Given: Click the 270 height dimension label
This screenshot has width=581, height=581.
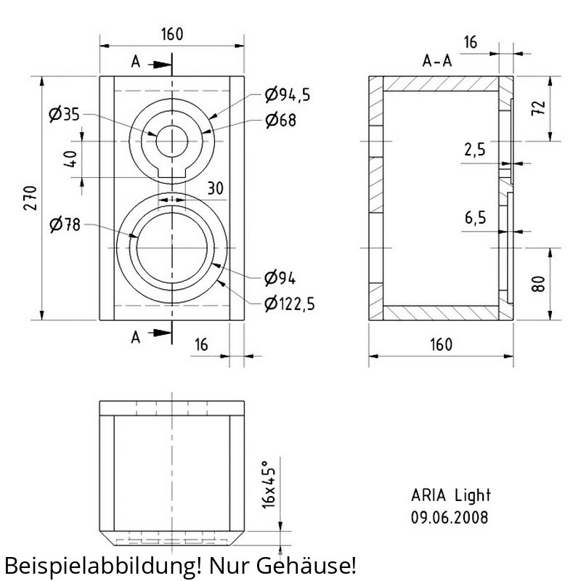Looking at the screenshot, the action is click(31, 198).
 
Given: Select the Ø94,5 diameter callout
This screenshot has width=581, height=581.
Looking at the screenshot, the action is click(288, 95).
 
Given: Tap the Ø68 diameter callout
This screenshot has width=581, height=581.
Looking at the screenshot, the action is click(281, 120).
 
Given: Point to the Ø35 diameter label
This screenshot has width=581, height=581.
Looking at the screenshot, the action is click(64, 114).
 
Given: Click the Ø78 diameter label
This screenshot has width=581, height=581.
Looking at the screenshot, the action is click(65, 224).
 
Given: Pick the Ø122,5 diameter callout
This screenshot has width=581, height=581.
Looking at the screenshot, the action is click(290, 304).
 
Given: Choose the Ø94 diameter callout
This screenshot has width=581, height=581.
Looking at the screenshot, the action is click(280, 278).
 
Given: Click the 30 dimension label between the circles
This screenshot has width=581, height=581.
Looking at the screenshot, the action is click(215, 189).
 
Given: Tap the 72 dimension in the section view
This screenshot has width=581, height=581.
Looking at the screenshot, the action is click(538, 108).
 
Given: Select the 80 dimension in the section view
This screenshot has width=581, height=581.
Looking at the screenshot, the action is click(538, 284).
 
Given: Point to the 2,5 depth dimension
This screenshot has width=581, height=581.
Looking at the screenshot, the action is click(475, 150).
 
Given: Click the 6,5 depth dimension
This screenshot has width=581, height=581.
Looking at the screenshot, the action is click(476, 218).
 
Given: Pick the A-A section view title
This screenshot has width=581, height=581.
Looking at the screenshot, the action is click(437, 61).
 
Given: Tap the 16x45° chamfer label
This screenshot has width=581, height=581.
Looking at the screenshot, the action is click(269, 484).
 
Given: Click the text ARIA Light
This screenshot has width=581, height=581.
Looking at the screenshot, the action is click(451, 495).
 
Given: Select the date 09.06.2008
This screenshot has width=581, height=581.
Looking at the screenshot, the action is click(450, 517).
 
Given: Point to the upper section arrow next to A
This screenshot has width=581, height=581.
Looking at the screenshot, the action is click(160, 65).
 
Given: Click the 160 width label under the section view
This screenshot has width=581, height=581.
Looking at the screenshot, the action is click(442, 344).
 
